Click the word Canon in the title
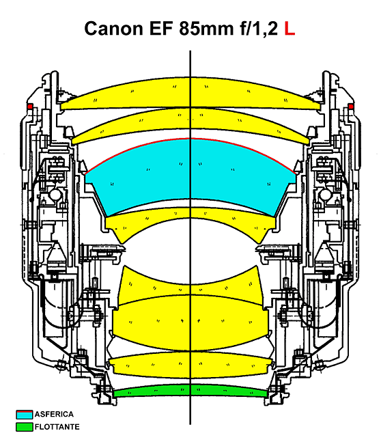[114, 28]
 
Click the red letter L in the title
[290, 28]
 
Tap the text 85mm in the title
[206, 28]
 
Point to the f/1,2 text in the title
[259, 28]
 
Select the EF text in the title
[160, 28]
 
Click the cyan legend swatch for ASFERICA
[25, 415]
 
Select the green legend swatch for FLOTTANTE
[25, 427]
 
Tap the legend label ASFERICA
[54, 414]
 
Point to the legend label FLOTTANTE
[57, 427]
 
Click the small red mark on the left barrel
[30, 107]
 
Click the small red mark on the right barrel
[351, 107]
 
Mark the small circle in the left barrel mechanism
[55, 195]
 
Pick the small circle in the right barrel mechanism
[325, 195]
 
